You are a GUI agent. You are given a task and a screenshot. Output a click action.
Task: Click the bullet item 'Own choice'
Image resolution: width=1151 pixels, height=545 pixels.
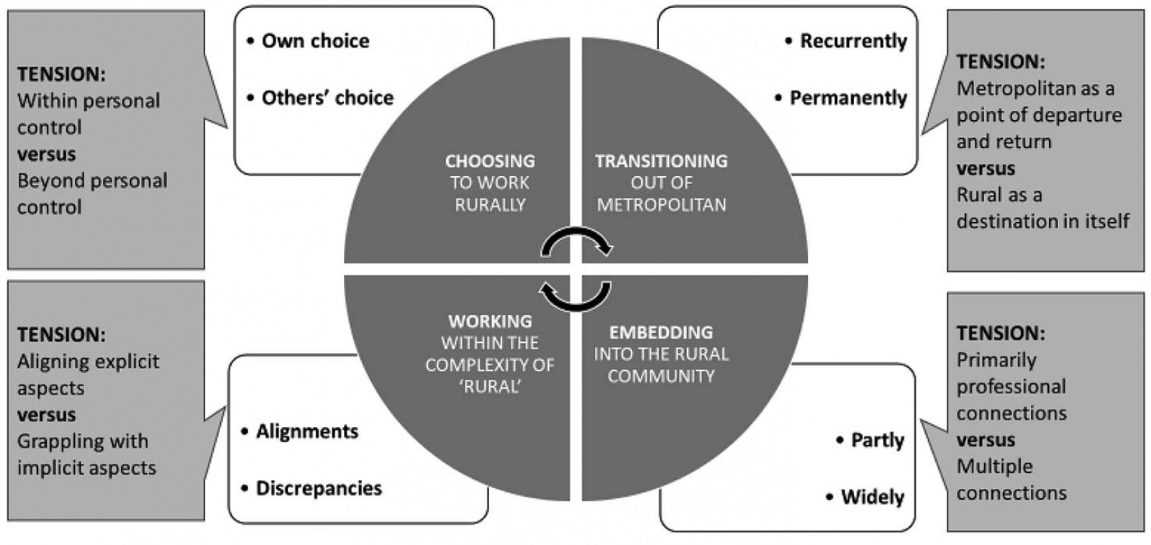click(314, 41)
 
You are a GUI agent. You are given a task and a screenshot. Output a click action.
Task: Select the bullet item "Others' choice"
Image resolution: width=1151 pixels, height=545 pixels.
click(327, 98)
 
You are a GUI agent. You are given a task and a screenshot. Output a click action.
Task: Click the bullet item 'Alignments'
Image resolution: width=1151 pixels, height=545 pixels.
click(306, 431)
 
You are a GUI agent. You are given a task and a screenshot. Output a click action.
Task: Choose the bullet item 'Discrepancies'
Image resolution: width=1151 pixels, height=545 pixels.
click(318, 488)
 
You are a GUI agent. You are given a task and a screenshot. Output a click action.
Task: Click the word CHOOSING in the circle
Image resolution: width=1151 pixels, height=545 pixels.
click(490, 161)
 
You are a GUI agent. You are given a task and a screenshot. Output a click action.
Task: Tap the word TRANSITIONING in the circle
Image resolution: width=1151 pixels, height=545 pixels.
click(661, 161)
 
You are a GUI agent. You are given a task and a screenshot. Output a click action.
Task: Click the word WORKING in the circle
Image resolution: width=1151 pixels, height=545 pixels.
click(490, 321)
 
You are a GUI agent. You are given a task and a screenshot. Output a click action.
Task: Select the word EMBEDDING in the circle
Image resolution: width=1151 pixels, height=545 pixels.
click(661, 332)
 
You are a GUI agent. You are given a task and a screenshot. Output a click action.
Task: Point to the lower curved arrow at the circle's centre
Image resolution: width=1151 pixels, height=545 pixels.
click(575, 296)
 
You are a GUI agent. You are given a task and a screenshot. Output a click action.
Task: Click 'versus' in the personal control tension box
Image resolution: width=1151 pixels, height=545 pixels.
click(46, 154)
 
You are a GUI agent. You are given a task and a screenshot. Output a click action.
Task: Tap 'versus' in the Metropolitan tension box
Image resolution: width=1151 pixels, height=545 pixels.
click(986, 168)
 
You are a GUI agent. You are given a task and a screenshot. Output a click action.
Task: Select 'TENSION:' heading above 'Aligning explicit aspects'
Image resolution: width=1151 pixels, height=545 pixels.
click(61, 334)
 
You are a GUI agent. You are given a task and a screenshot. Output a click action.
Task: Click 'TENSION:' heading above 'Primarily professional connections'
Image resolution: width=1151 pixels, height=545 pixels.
click(1001, 333)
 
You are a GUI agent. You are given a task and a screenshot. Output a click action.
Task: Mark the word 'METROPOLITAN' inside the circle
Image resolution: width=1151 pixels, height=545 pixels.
click(661, 205)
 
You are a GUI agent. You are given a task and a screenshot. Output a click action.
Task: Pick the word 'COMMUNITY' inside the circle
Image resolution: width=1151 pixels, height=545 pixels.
click(661, 376)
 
